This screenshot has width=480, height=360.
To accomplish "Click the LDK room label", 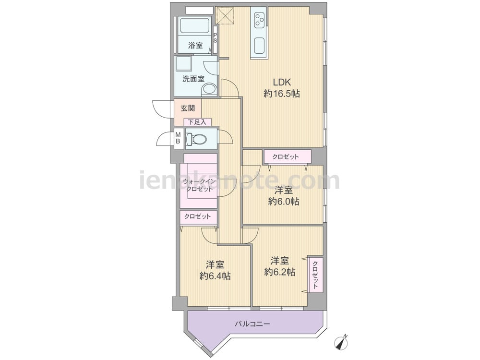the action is pos(282,82).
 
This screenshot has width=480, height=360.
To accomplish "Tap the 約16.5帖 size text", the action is pos(282,94).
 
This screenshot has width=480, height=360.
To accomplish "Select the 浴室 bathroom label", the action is pos(195,46).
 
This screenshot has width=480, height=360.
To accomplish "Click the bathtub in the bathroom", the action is pos(194,25).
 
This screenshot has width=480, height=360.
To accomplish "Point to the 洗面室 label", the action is pos(193,79).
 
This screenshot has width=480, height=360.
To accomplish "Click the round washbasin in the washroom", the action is pos(209,90).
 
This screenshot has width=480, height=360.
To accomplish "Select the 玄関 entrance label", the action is pos(188,108).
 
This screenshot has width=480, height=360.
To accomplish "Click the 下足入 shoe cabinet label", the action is pos(197,122).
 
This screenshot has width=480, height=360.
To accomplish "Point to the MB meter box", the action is pos(178,138).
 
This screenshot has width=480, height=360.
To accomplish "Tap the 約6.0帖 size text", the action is pos(284,202).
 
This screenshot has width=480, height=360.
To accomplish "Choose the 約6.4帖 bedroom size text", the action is pos(215,276).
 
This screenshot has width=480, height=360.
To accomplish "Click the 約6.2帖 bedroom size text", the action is pos(279,272).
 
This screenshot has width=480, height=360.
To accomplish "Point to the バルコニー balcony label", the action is pos(252,324).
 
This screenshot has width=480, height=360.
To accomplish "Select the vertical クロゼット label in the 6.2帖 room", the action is pos(315,274).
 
